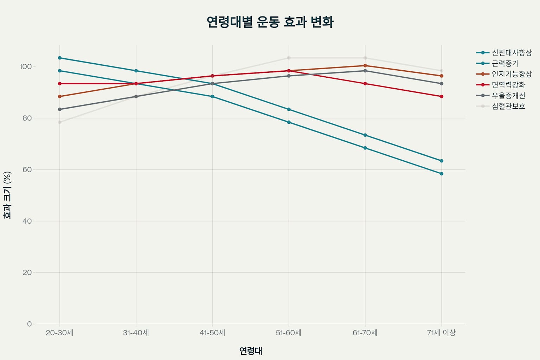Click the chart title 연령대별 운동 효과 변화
tap(270, 22)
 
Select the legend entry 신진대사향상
tap(512, 53)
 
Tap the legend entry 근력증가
tap(505, 64)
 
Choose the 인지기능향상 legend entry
tap(512, 74)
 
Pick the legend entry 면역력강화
tap(508, 85)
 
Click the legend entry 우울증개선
tap(508, 96)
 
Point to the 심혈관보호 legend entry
tap(508, 106)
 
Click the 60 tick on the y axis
tap(27, 169)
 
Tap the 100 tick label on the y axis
tap(26, 66)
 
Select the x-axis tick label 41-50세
tap(212, 333)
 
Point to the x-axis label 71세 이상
tap(441, 333)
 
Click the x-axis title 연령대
tap(251, 351)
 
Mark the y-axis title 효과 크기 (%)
tap(7, 195)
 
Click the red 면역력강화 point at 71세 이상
tap(442, 96)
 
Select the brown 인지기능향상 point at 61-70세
tap(365, 66)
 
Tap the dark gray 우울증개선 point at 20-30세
tap(60, 109)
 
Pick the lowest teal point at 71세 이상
tap(442, 174)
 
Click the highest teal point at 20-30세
tap(60, 58)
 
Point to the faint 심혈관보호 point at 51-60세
tap(289, 58)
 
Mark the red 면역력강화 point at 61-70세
tap(365, 84)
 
